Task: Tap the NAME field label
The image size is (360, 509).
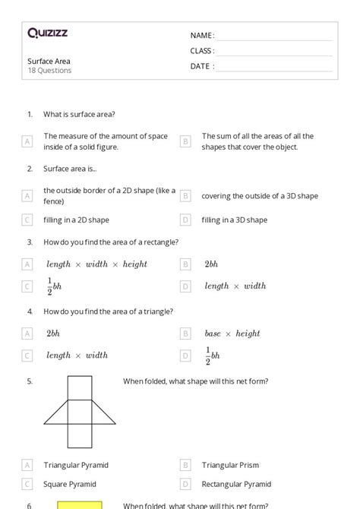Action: click(202, 36)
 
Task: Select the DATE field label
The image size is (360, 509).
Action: click(202, 66)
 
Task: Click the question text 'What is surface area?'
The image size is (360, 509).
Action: click(79, 114)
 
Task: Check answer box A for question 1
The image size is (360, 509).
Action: click(27, 141)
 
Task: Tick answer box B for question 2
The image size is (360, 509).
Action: click(185, 196)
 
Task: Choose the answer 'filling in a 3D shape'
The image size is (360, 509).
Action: click(234, 220)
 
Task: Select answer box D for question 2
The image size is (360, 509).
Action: click(185, 220)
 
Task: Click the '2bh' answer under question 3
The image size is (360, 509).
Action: click(210, 264)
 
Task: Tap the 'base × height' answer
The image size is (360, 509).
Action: click(232, 334)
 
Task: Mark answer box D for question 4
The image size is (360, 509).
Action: click(185, 355)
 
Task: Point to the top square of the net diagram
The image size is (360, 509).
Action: click(80, 388)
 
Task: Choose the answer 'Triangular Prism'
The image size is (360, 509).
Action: click(231, 465)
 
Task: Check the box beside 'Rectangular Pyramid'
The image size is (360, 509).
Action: click(185, 483)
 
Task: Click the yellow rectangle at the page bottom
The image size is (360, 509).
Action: click(80, 504)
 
